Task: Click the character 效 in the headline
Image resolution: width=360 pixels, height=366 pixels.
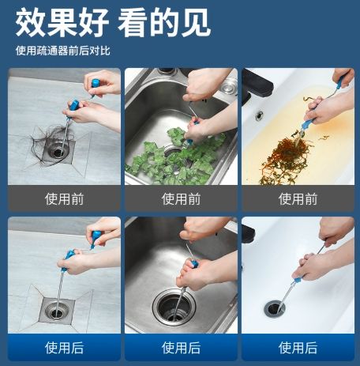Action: pyautogui.click(x=30, y=22)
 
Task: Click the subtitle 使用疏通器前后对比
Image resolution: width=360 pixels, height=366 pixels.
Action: pyautogui.click(x=63, y=51)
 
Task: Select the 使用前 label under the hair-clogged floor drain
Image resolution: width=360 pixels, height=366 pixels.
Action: pyautogui.click(x=64, y=199)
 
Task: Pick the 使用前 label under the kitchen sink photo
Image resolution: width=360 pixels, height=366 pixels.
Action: pyautogui.click(x=181, y=199)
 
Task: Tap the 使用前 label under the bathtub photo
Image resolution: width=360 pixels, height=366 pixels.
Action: pyautogui.click(x=298, y=199)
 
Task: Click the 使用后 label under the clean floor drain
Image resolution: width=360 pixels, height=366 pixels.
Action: pyautogui.click(x=64, y=348)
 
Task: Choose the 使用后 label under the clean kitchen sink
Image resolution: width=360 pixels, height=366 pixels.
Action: pyautogui.click(x=181, y=348)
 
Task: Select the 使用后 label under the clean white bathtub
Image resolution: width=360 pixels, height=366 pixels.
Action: pyautogui.click(x=298, y=348)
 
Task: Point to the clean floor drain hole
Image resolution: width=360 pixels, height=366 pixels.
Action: pyautogui.click(x=57, y=313)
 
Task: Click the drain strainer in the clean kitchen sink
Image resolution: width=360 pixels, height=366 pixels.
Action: pyautogui.click(x=174, y=307)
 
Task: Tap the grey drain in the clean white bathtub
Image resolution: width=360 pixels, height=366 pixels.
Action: pyautogui.click(x=275, y=308)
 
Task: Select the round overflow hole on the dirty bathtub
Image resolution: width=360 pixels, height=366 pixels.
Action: pyautogui.click(x=259, y=115)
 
